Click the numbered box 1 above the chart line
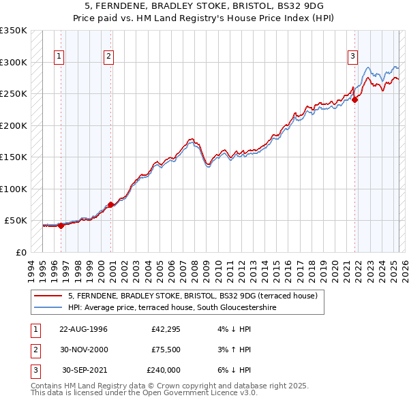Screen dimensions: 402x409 [59, 57]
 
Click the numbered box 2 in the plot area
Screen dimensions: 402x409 [108, 57]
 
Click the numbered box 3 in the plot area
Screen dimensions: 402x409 [352, 57]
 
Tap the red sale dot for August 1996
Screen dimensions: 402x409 [61, 226]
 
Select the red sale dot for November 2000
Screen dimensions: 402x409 [110, 204]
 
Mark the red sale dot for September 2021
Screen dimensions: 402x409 [355, 99]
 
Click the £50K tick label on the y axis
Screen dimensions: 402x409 [16, 221]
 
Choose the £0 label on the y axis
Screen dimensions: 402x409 [21, 252]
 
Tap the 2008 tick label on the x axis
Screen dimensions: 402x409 [198, 269]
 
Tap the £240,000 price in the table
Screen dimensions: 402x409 [163, 370]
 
